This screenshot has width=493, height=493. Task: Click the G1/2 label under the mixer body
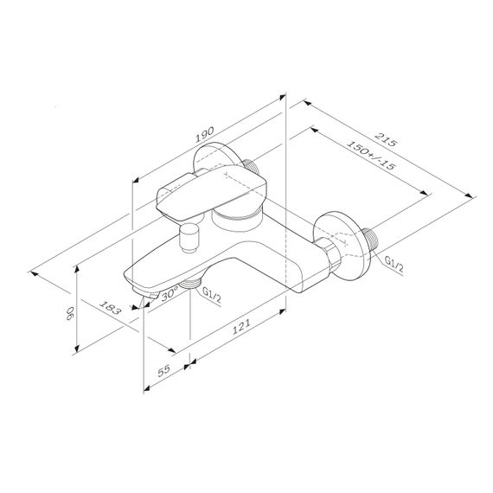211,296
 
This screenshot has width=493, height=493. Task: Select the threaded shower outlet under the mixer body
193,285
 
